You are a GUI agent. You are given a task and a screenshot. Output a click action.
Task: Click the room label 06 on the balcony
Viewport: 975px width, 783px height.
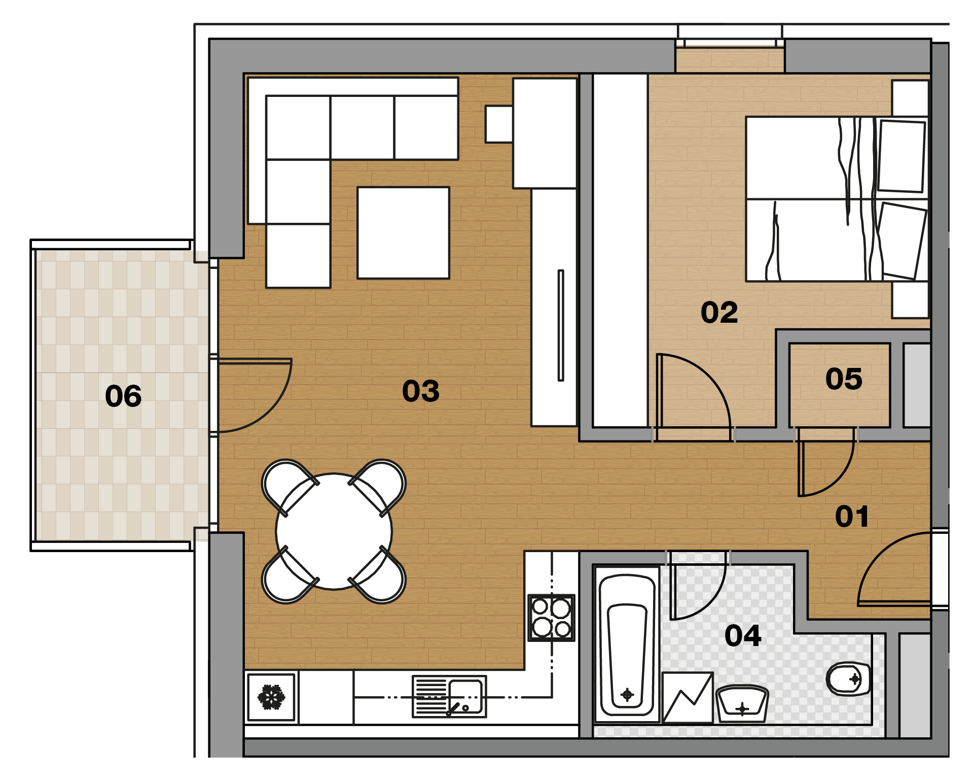(x=123, y=396)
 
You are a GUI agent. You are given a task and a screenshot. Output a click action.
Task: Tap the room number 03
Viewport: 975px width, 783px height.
(x=420, y=391)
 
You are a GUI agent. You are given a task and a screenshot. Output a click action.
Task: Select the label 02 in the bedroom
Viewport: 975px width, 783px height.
(x=719, y=312)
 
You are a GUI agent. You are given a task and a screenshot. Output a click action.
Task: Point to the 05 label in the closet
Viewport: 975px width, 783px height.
(x=844, y=379)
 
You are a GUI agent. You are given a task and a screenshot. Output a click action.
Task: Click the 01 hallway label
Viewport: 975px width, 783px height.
(x=852, y=517)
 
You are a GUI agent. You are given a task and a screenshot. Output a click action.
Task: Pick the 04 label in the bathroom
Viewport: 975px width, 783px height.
(x=743, y=635)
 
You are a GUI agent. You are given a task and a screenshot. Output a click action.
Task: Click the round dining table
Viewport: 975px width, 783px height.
(x=334, y=531)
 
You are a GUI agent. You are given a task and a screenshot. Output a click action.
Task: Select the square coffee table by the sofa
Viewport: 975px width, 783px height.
(x=403, y=233)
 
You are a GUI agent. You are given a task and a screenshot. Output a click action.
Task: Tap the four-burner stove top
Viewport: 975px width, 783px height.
(x=551, y=618)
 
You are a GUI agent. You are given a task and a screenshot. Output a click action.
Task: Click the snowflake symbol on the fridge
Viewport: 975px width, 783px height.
(x=271, y=697)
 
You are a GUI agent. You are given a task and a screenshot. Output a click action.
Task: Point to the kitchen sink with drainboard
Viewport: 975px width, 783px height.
(x=449, y=696)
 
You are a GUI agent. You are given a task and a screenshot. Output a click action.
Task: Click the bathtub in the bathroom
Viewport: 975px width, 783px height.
(x=627, y=644)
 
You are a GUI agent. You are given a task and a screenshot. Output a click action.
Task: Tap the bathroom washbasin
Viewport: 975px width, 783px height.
(x=742, y=703)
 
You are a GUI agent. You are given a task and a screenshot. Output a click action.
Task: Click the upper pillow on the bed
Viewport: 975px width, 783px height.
(x=901, y=156)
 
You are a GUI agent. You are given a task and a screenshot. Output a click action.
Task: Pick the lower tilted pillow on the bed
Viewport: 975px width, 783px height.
(x=902, y=241)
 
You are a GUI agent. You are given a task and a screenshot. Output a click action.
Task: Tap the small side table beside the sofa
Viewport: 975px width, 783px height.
(x=499, y=124)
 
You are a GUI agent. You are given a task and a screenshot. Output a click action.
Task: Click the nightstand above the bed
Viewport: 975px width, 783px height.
(x=910, y=98)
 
